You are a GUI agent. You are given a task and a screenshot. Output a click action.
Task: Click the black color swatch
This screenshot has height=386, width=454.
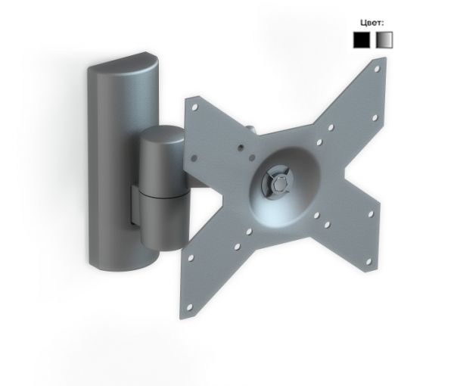(362, 39)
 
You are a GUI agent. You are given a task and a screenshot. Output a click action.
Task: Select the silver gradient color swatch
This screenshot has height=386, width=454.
(384, 39)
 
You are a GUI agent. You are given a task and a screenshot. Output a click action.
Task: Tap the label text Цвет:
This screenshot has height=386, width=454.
(372, 23)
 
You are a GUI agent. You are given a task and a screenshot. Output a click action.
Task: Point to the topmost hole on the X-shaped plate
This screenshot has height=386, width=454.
(377, 69)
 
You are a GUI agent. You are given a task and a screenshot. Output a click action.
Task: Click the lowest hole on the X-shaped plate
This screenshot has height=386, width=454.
(190, 307)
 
